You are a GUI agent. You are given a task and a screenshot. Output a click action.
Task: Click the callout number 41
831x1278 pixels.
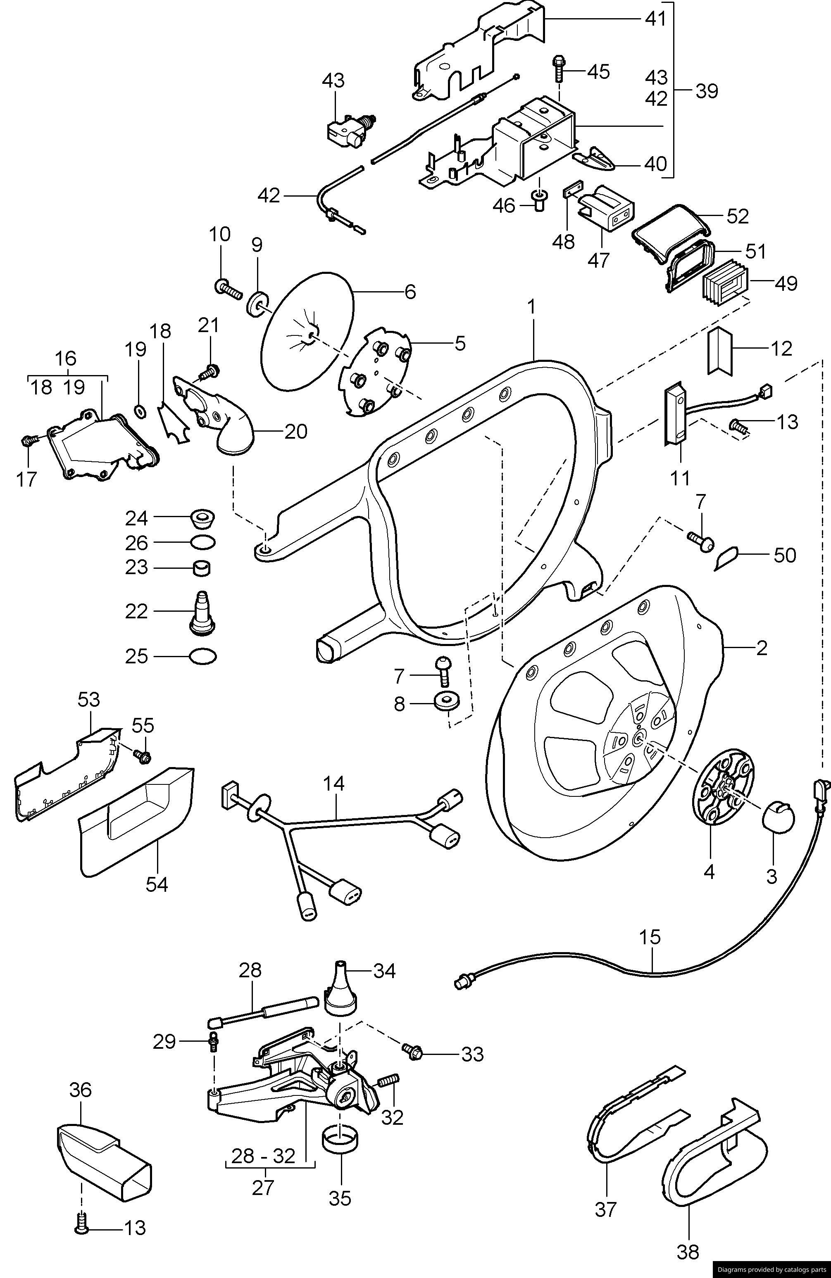tap(655, 19)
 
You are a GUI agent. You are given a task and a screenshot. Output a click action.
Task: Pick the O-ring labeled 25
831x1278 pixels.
tap(204, 656)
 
